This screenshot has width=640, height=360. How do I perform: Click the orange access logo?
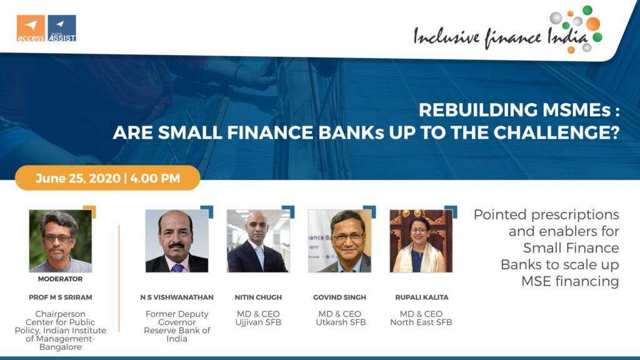click(31, 28)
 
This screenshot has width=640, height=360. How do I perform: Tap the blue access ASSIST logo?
click(62, 28)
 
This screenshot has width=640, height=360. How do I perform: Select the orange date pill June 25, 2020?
click(107, 178)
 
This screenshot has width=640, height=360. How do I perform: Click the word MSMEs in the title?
click(576, 110)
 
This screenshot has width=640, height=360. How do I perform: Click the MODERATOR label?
click(61, 279)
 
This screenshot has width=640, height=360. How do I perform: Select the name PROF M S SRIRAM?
click(61, 297)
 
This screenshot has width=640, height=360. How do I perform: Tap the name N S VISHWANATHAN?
click(177, 297)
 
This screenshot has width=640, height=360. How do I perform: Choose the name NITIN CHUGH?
click(258, 297)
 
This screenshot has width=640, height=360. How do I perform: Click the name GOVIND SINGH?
click(339, 297)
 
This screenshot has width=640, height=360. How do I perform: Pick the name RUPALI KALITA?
click(422, 297)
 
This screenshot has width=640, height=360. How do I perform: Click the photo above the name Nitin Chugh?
click(258, 241)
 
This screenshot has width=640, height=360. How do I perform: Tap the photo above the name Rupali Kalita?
click(421, 241)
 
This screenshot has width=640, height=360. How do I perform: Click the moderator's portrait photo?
click(61, 241)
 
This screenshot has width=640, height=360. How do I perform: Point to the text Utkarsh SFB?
click(341, 322)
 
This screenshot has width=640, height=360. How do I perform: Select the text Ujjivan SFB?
click(258, 322)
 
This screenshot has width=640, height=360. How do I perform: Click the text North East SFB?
click(421, 322)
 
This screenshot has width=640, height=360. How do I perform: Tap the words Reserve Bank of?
click(177, 330)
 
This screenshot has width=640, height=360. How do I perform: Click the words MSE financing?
click(570, 281)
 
